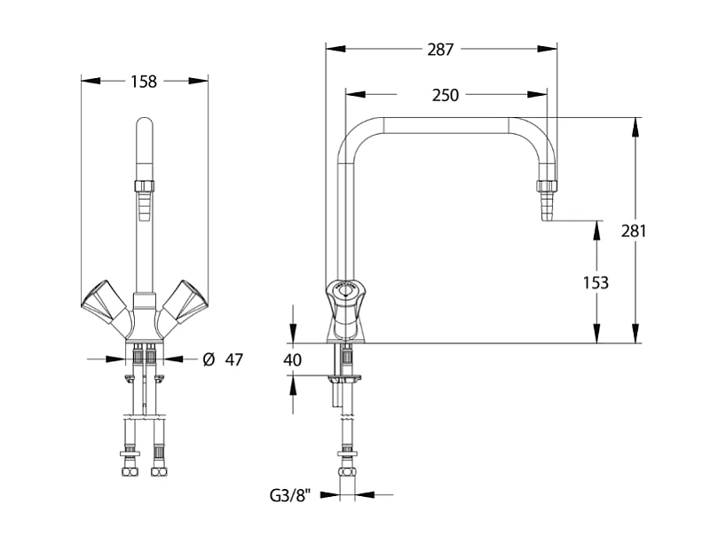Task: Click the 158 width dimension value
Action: (144, 82)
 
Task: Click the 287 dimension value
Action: (440, 50)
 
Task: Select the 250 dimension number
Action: (446, 95)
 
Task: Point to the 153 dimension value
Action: (596, 283)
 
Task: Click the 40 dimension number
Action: (293, 360)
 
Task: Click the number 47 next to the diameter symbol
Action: (233, 359)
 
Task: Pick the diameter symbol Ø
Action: (208, 359)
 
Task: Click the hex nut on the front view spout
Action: (145, 186)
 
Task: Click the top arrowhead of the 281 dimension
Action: (635, 126)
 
